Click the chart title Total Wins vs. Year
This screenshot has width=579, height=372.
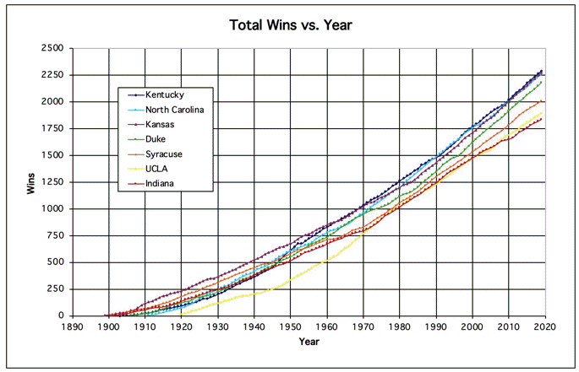[x=290, y=24]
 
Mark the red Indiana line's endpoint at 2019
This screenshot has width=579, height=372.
[x=541, y=119]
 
